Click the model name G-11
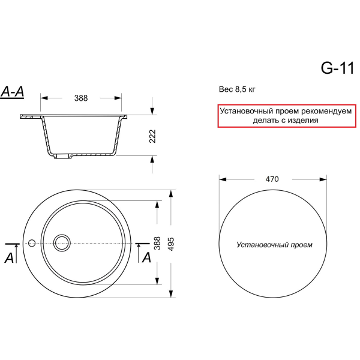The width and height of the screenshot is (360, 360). [337, 68]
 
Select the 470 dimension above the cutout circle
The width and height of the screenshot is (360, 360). [272, 179]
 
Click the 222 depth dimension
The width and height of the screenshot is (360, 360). [152, 136]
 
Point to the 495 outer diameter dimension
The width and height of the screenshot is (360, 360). [171, 244]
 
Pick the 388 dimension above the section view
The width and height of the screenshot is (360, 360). [81, 98]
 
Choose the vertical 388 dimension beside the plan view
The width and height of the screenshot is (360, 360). [157, 244]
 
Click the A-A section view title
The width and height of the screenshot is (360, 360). [13, 92]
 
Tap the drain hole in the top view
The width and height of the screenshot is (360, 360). [62, 243]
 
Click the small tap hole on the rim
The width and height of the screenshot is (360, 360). [32, 243]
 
